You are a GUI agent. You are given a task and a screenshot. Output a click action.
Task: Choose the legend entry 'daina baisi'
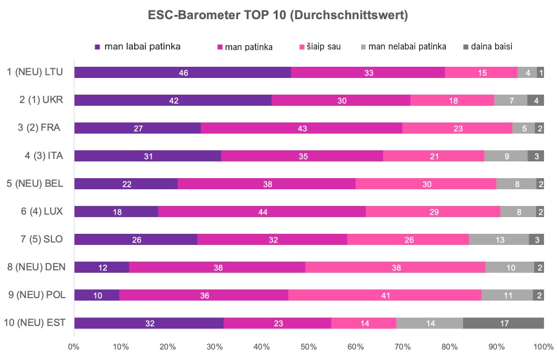pyautogui.click(x=491, y=46)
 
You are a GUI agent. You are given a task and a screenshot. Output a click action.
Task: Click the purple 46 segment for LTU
pyautogui.click(x=182, y=72)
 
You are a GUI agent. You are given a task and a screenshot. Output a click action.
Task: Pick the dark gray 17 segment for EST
pyautogui.click(x=503, y=323)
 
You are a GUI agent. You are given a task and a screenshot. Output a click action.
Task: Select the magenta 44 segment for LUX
pyautogui.click(x=262, y=212)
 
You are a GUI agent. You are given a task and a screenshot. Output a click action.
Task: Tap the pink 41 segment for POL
pyautogui.click(x=385, y=295)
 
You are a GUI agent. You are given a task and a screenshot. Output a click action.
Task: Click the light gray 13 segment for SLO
pyautogui.click(x=499, y=239)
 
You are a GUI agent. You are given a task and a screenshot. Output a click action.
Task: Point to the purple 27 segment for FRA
pyautogui.click(x=137, y=128)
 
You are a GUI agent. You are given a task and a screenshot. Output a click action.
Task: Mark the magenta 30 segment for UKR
pyautogui.click(x=341, y=100)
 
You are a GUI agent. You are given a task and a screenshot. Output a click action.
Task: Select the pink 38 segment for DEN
pyautogui.click(x=395, y=267)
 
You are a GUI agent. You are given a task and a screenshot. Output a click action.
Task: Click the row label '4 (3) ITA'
pyautogui.click(x=48, y=156)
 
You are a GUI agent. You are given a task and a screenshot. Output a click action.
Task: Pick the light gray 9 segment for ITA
pyautogui.click(x=506, y=156)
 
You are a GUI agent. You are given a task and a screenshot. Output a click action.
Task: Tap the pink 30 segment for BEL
pyautogui.click(x=426, y=184)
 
